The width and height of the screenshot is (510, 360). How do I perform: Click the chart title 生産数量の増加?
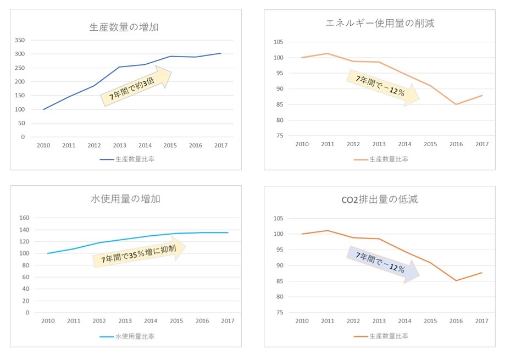124,27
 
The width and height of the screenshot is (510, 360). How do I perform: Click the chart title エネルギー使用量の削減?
380,23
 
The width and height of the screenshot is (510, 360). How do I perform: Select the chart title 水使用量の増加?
125,199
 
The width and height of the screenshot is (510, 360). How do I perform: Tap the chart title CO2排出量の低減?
379,199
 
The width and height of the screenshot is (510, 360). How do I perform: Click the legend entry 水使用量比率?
127,336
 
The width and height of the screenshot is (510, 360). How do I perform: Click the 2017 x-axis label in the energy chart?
481,145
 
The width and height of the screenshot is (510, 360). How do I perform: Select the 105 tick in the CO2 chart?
278,219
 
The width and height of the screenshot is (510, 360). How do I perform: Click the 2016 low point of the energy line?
456,104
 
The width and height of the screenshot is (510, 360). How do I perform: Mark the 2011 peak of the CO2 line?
328,230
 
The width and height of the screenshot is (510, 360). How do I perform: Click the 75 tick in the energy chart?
279,136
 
